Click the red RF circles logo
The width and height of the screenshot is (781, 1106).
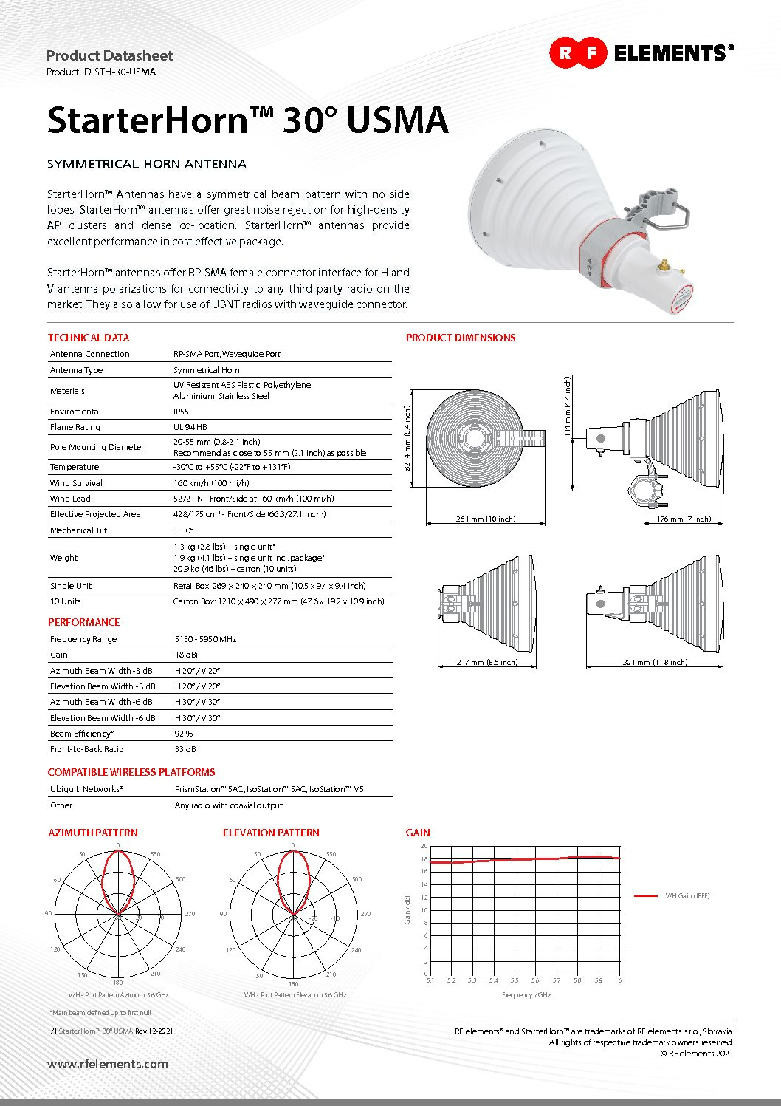coord(578,52)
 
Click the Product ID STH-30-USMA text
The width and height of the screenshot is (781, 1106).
coord(101,72)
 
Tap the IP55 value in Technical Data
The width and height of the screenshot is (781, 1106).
coord(181,412)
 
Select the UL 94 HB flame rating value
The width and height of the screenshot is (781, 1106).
coord(190,427)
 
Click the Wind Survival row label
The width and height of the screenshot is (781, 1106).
coord(76,483)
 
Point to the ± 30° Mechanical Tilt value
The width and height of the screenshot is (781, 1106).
coord(184,530)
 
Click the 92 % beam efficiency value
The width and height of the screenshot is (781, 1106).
coord(184,734)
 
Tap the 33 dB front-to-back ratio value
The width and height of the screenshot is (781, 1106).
coord(185,749)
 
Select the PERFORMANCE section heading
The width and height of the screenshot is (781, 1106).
coord(83,622)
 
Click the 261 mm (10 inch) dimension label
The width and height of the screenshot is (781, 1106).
coord(485,519)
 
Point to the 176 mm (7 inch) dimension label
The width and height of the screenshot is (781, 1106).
coord(684,519)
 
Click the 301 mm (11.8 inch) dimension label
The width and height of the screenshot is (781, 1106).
coord(654,662)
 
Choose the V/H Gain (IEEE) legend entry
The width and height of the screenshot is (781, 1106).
coord(687,896)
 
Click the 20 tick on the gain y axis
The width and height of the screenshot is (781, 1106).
coord(424,846)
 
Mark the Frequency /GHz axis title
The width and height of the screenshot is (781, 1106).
coord(526,995)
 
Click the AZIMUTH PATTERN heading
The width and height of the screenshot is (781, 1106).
coord(93,833)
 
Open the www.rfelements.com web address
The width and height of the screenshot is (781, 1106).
coord(108,1065)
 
